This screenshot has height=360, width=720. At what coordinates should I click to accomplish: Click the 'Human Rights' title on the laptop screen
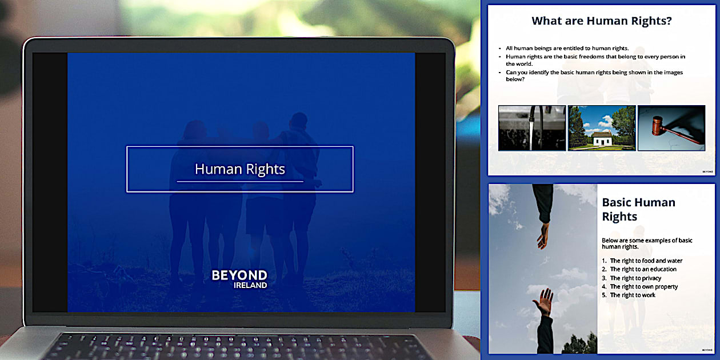[239, 169]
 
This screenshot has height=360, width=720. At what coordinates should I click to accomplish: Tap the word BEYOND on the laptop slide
[239, 275]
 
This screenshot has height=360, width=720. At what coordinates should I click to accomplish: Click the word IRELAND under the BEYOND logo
[250, 285]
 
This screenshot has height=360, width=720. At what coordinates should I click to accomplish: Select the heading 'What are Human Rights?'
[601, 21]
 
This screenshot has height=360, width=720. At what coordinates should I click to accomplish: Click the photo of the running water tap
[531, 128]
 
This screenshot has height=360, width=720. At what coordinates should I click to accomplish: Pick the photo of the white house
[601, 128]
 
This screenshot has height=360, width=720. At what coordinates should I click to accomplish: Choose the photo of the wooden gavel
[671, 128]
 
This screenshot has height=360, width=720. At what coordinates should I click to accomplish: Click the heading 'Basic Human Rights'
[638, 209]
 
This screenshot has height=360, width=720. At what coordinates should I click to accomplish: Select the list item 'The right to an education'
[643, 269]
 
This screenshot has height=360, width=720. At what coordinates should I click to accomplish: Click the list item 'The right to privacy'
[635, 278]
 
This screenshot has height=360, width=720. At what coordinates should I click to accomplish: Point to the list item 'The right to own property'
[643, 286]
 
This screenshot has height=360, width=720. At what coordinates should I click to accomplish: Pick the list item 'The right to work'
[633, 295]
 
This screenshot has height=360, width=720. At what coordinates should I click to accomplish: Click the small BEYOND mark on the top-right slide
[707, 171]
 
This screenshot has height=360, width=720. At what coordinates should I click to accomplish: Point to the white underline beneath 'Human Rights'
[239, 181]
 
